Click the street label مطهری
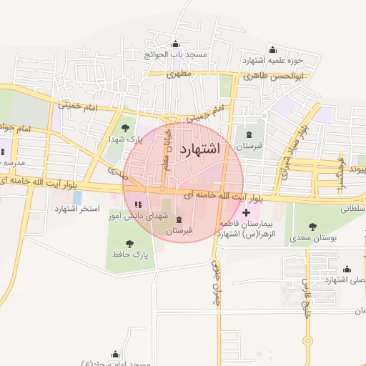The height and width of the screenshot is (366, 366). click(180, 74)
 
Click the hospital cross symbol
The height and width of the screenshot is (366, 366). click(247, 212)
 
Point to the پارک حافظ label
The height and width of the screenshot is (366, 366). click(129, 254)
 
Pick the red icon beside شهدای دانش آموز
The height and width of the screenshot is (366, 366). click(137, 205)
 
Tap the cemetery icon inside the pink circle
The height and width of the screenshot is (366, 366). click(179, 219)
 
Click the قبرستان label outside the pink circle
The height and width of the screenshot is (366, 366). click(249, 146)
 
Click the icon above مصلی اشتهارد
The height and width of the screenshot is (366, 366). click(347, 269)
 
